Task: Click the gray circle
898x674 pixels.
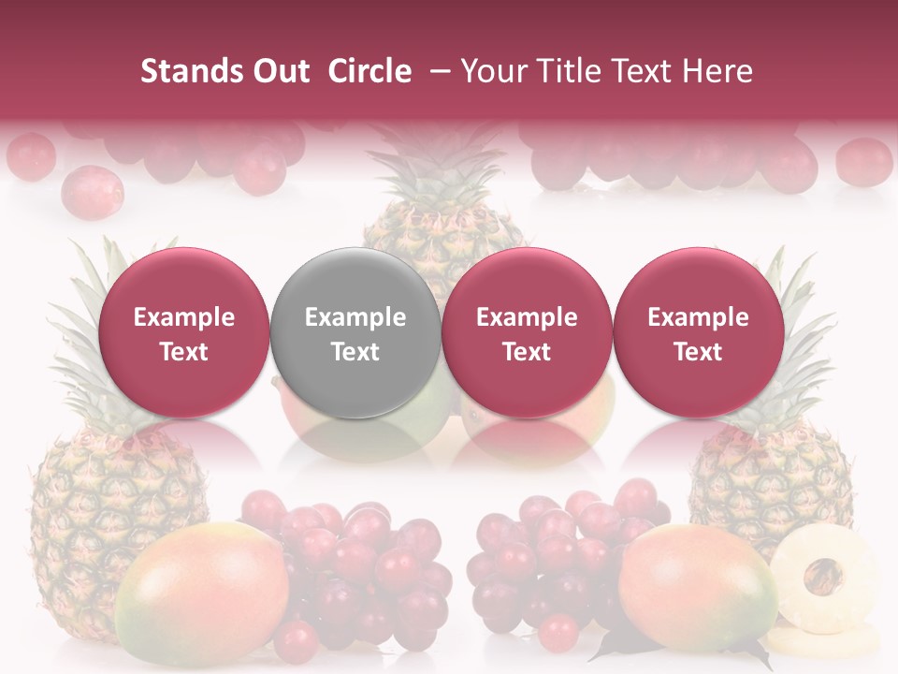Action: click(355, 333)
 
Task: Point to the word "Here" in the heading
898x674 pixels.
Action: click(718, 71)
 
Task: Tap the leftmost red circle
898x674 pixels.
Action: click(183, 333)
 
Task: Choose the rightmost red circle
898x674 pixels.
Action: click(698, 333)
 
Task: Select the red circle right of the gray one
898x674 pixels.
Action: click(527, 333)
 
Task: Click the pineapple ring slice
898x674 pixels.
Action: click(823, 572)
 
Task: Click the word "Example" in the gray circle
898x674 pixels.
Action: click(355, 317)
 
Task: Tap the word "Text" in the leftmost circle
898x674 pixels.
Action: click(183, 352)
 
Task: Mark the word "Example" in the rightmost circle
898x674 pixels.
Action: click(698, 317)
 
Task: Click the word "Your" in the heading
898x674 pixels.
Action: click(493, 71)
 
